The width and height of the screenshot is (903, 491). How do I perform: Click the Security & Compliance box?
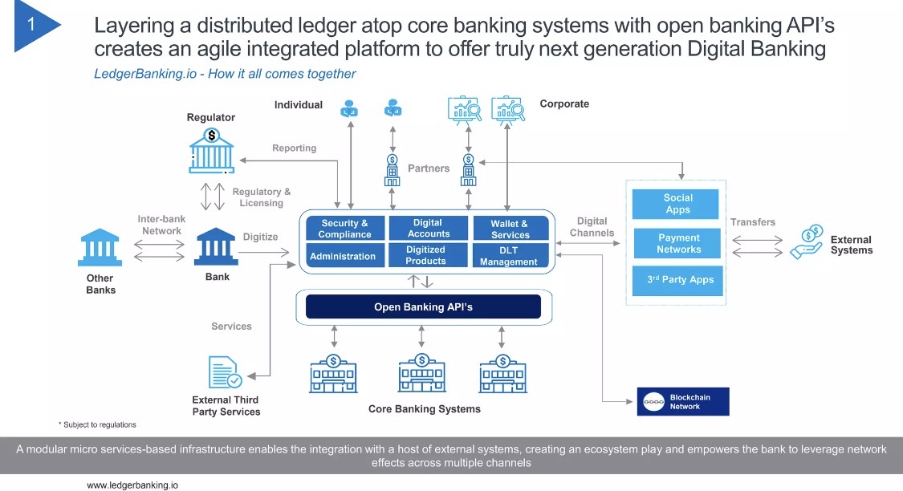tap(344, 229)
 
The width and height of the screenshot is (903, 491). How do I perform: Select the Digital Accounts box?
tap(428, 228)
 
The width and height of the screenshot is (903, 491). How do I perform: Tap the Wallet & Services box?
tap(510, 229)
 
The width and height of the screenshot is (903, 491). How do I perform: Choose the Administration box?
tap(344, 256)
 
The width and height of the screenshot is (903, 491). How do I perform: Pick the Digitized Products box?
tap(428, 256)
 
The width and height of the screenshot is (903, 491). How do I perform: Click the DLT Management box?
tap(510, 256)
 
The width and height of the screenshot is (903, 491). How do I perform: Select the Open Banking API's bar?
tap(423, 306)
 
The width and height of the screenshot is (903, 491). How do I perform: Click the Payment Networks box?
tap(677, 243)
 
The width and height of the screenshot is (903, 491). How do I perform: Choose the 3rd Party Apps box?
tap(677, 280)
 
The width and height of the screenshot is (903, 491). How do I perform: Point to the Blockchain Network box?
tap(683, 402)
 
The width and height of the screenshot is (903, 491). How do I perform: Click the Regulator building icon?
tap(212, 151)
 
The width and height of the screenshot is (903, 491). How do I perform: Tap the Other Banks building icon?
tap(100, 248)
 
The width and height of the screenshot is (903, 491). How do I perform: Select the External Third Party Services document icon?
tap(225, 372)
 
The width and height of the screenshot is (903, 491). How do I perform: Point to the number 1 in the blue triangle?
tap(31, 24)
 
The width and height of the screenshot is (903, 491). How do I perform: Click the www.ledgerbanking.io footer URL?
tap(132, 485)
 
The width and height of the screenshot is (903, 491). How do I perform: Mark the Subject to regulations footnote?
tap(97, 424)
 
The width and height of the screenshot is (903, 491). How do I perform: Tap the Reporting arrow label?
tap(295, 148)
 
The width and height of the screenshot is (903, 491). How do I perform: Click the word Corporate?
tap(564, 103)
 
